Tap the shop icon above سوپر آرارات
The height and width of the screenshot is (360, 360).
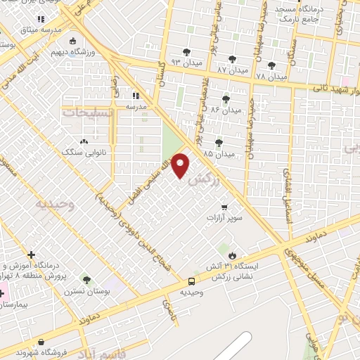pos(224,207)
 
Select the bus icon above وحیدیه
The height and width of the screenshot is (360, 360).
pos(191,280)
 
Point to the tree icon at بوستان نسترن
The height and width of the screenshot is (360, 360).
pos(86,279)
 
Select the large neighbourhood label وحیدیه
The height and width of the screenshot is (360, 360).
pos(55,205)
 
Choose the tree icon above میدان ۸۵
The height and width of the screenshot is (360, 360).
pos(219,142)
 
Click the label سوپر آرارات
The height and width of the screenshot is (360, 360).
pos(224,219)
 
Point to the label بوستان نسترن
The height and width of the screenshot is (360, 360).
pos(86,290)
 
